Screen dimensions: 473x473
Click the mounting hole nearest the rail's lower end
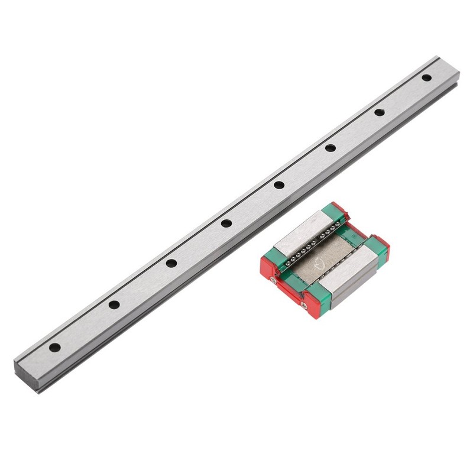coord(54,348)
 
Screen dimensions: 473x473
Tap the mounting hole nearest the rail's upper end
coord(427,77)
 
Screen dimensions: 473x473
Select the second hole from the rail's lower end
coord(114,305)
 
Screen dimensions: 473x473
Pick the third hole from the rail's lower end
coord(171,263)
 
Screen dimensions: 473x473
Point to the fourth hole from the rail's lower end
coord(226,223)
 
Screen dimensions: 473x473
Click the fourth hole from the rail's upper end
coord(279,185)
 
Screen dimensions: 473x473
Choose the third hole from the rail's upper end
coord(331,147)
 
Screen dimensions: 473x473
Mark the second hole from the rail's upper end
coord(380,112)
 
